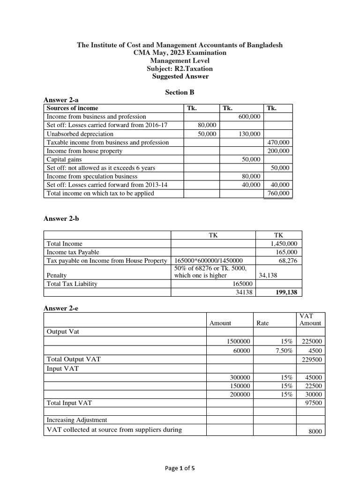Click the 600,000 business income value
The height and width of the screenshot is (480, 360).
point(249,116)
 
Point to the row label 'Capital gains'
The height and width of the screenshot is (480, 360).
point(64,159)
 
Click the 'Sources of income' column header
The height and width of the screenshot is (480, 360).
point(72,108)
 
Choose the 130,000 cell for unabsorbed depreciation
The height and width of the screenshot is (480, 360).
point(249,134)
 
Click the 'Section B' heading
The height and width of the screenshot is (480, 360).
point(180,92)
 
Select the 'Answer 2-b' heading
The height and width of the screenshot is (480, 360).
point(61,218)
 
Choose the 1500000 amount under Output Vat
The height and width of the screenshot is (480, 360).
point(239,342)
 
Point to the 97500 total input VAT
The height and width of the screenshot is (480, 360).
point(313,402)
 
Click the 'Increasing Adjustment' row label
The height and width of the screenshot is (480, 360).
point(77,420)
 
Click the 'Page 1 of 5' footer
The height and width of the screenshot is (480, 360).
point(180,467)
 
